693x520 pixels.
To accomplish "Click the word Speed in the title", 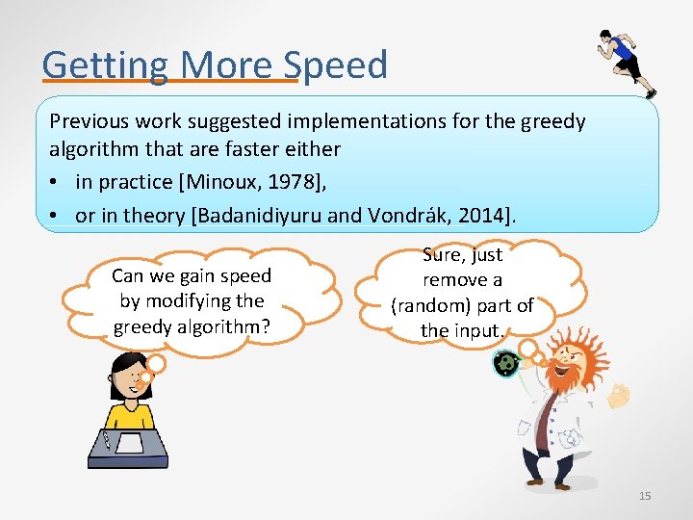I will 337,65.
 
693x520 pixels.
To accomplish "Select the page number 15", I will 645,496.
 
